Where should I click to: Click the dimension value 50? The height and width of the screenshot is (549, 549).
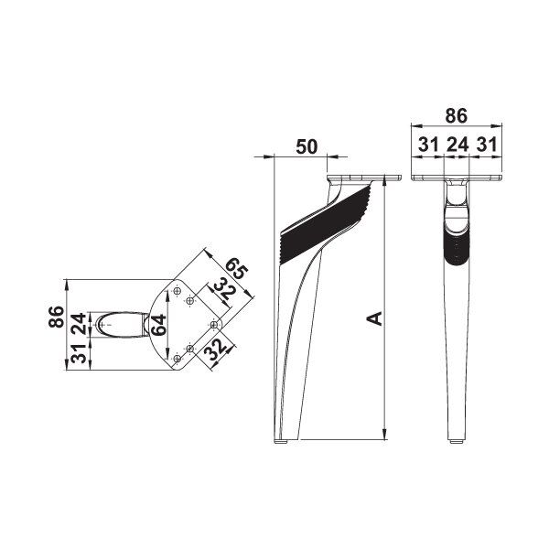point(307,146)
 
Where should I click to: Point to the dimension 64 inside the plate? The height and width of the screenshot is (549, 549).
point(158,325)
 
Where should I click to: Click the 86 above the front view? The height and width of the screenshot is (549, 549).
point(456,116)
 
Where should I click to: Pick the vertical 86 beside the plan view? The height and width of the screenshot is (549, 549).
point(57,317)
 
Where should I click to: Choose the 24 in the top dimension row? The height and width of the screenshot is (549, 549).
point(457,145)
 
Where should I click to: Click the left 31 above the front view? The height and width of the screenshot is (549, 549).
point(428,145)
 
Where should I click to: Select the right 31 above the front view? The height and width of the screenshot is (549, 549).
point(486,145)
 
